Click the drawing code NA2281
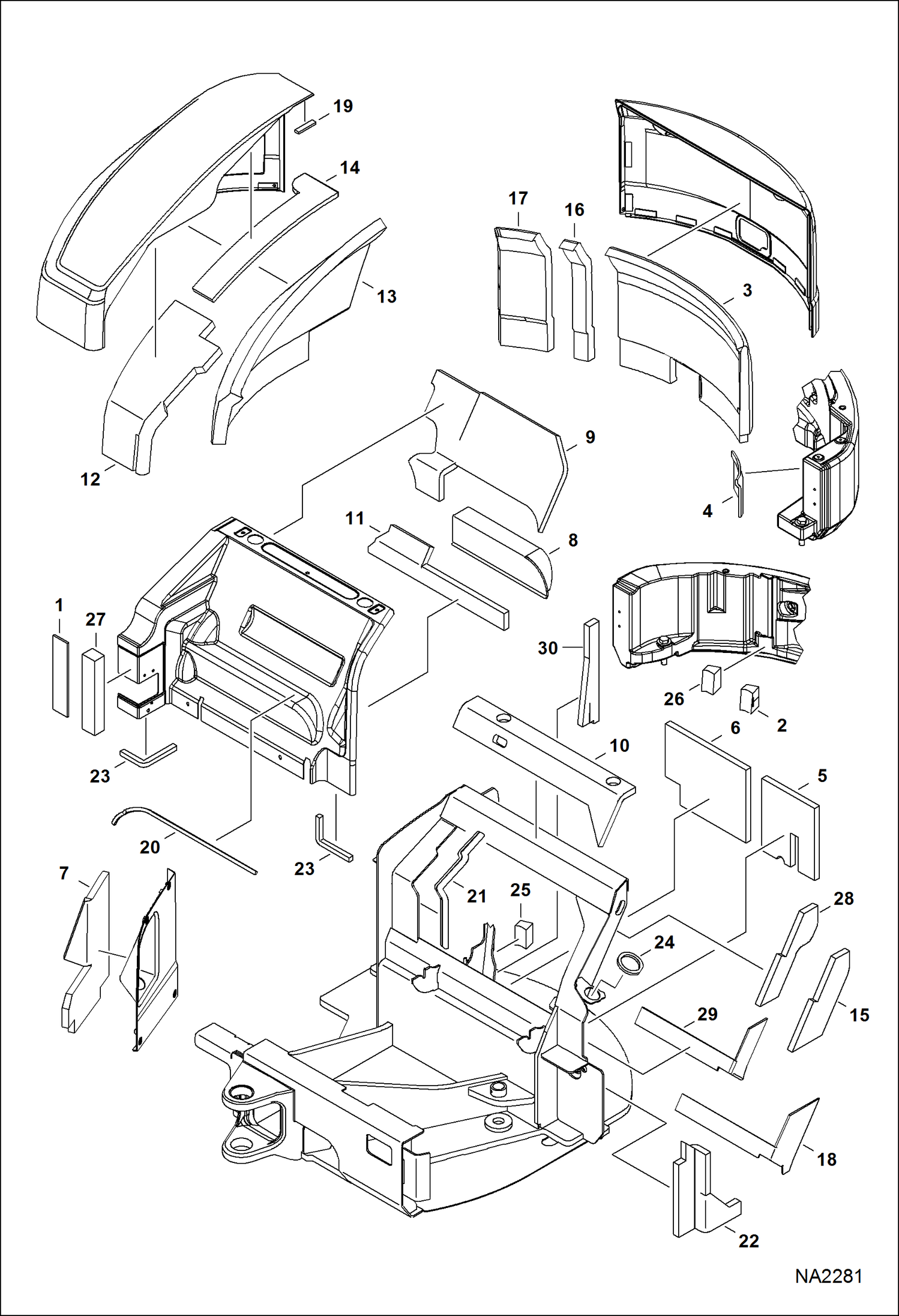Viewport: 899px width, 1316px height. [828, 1276]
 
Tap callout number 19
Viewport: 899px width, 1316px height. [343, 106]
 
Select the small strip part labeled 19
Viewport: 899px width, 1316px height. [305, 126]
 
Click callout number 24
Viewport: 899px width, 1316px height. [664, 942]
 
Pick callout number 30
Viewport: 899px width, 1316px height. [547, 647]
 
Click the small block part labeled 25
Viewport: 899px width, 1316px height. [524, 934]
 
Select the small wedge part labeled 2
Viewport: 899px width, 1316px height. [750, 699]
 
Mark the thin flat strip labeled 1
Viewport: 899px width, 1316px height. [61, 676]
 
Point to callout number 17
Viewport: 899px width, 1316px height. [518, 198]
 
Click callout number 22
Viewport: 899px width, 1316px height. [748, 1240]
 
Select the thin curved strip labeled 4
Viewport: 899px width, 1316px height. [738, 484]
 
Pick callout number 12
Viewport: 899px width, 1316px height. [90, 479]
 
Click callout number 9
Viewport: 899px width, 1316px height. [590, 437]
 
